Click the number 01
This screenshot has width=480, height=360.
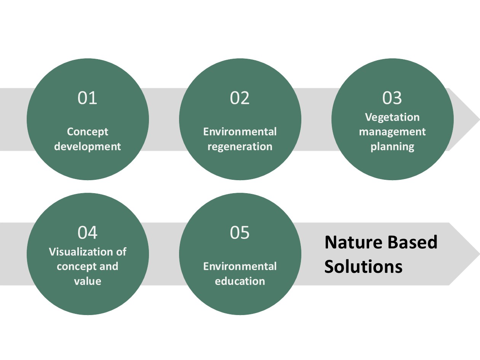point(87,98)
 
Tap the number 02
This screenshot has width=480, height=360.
point(240,98)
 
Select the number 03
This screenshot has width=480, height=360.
point(392,98)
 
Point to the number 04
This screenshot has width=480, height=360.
point(88,232)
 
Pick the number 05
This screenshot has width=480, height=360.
point(240,232)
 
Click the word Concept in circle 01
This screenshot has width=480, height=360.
point(88,132)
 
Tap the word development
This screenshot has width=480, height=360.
point(88,146)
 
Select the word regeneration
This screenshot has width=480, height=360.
point(240,147)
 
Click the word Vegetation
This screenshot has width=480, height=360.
point(392,118)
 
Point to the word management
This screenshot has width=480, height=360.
point(392,132)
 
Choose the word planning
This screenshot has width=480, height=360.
point(392,147)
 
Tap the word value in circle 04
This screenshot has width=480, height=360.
point(88,281)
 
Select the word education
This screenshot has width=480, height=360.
point(240,281)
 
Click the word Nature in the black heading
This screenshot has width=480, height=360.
point(354,242)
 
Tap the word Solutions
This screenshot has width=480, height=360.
point(363,266)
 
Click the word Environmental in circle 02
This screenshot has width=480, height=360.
point(240,132)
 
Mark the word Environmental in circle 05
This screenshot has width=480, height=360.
point(240,266)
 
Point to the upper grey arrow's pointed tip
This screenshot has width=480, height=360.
point(480,120)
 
